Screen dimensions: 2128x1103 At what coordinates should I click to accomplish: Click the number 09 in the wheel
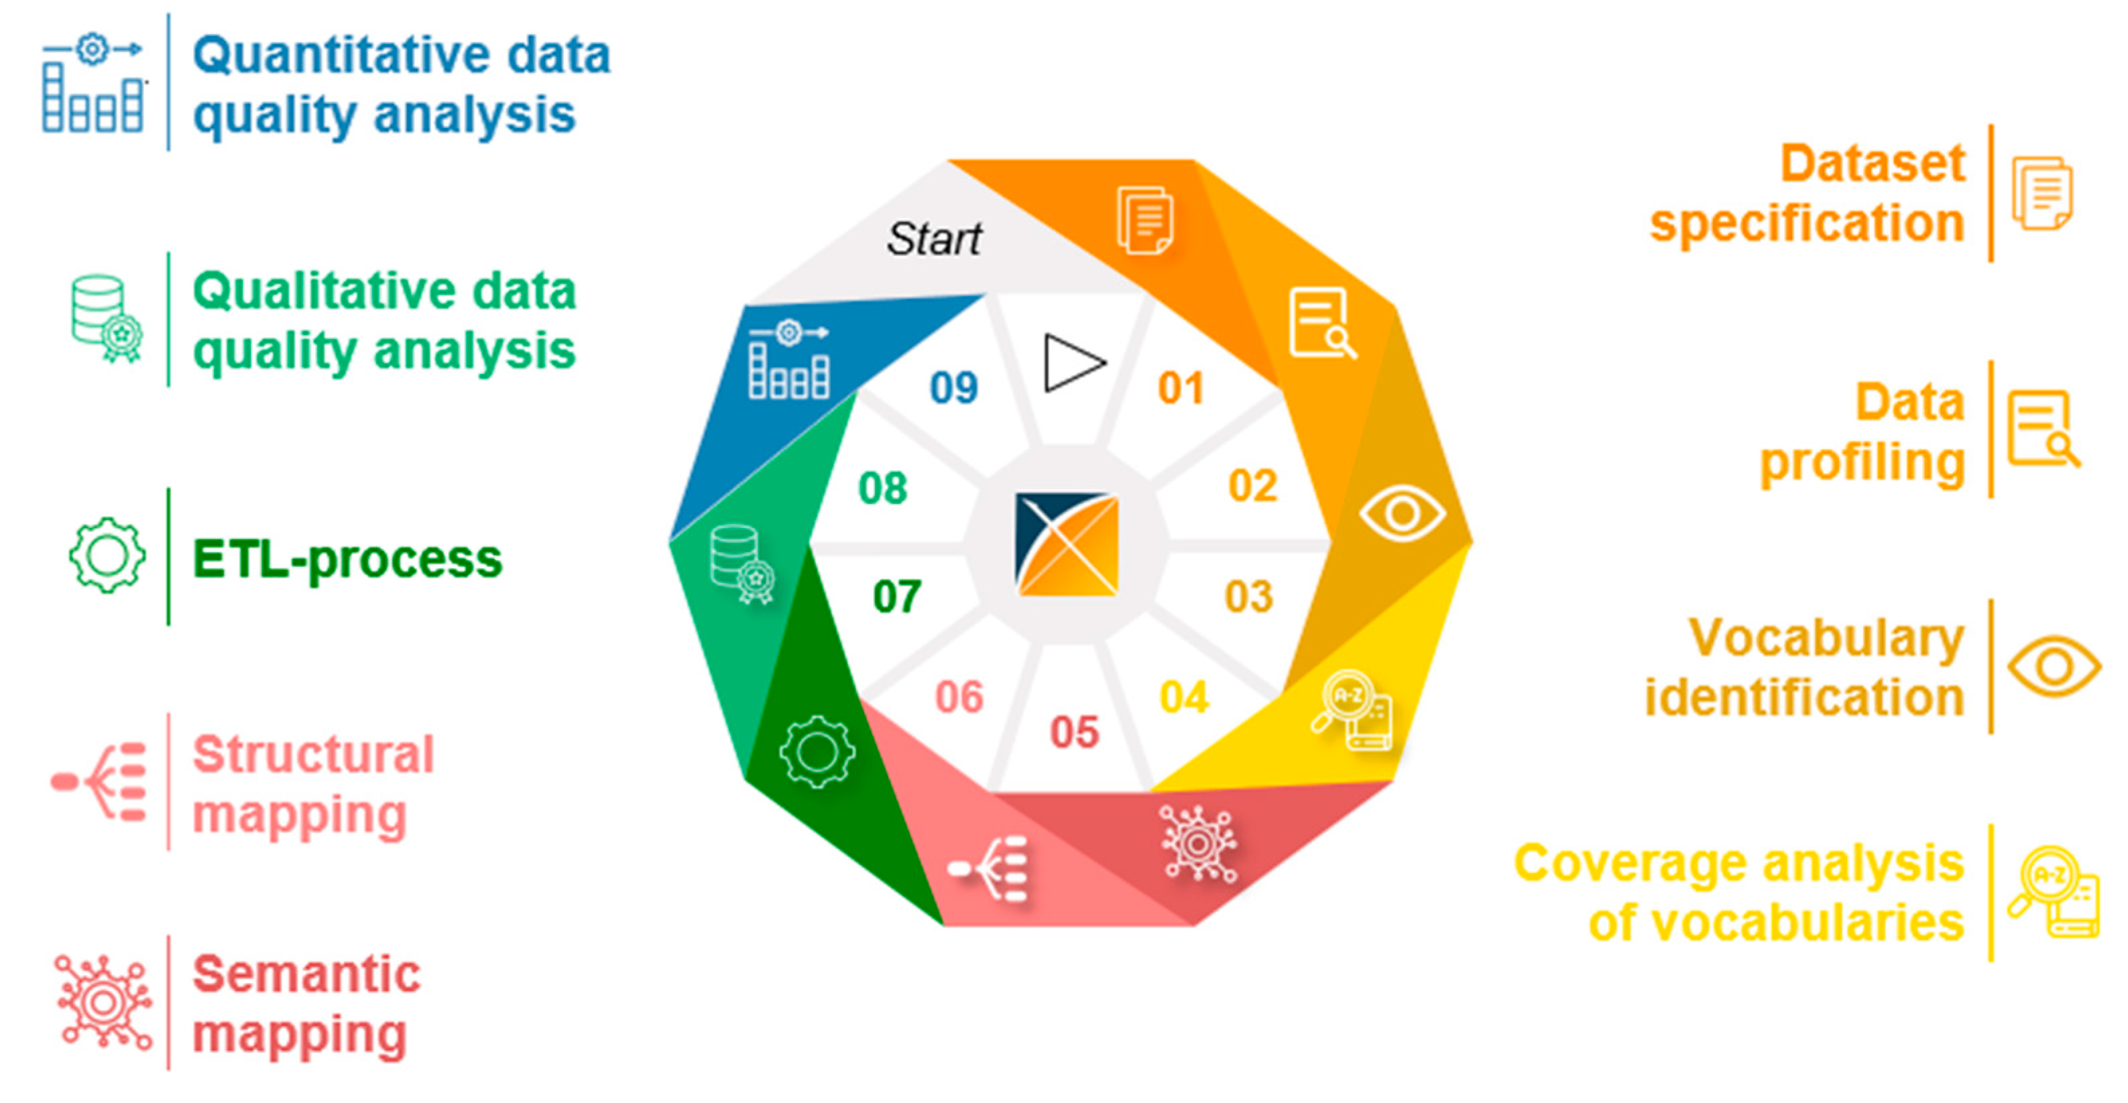coord(953,387)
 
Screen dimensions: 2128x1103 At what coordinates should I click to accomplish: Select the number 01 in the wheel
coord(1181,387)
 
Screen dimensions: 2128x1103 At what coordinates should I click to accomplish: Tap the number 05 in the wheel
coord(1074,732)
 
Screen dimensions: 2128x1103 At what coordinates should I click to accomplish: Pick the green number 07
coord(896,596)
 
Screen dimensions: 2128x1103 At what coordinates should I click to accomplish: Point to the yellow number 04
coord(1184,698)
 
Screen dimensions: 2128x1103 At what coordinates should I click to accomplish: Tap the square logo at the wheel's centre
coord(1067,544)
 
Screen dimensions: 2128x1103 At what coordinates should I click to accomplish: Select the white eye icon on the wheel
coord(1402,513)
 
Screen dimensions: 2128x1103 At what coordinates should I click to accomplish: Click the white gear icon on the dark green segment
coord(817,751)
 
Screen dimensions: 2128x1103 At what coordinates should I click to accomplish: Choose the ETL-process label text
coord(347,560)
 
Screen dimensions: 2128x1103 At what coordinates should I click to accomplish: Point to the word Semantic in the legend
coord(306,974)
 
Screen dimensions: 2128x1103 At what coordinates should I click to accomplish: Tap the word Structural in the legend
coord(313,754)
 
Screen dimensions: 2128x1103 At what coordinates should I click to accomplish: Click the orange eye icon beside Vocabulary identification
coord(2054,665)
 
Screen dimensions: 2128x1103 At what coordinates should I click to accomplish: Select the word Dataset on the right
coord(1872,163)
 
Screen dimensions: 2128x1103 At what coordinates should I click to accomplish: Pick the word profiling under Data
coord(1862,462)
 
